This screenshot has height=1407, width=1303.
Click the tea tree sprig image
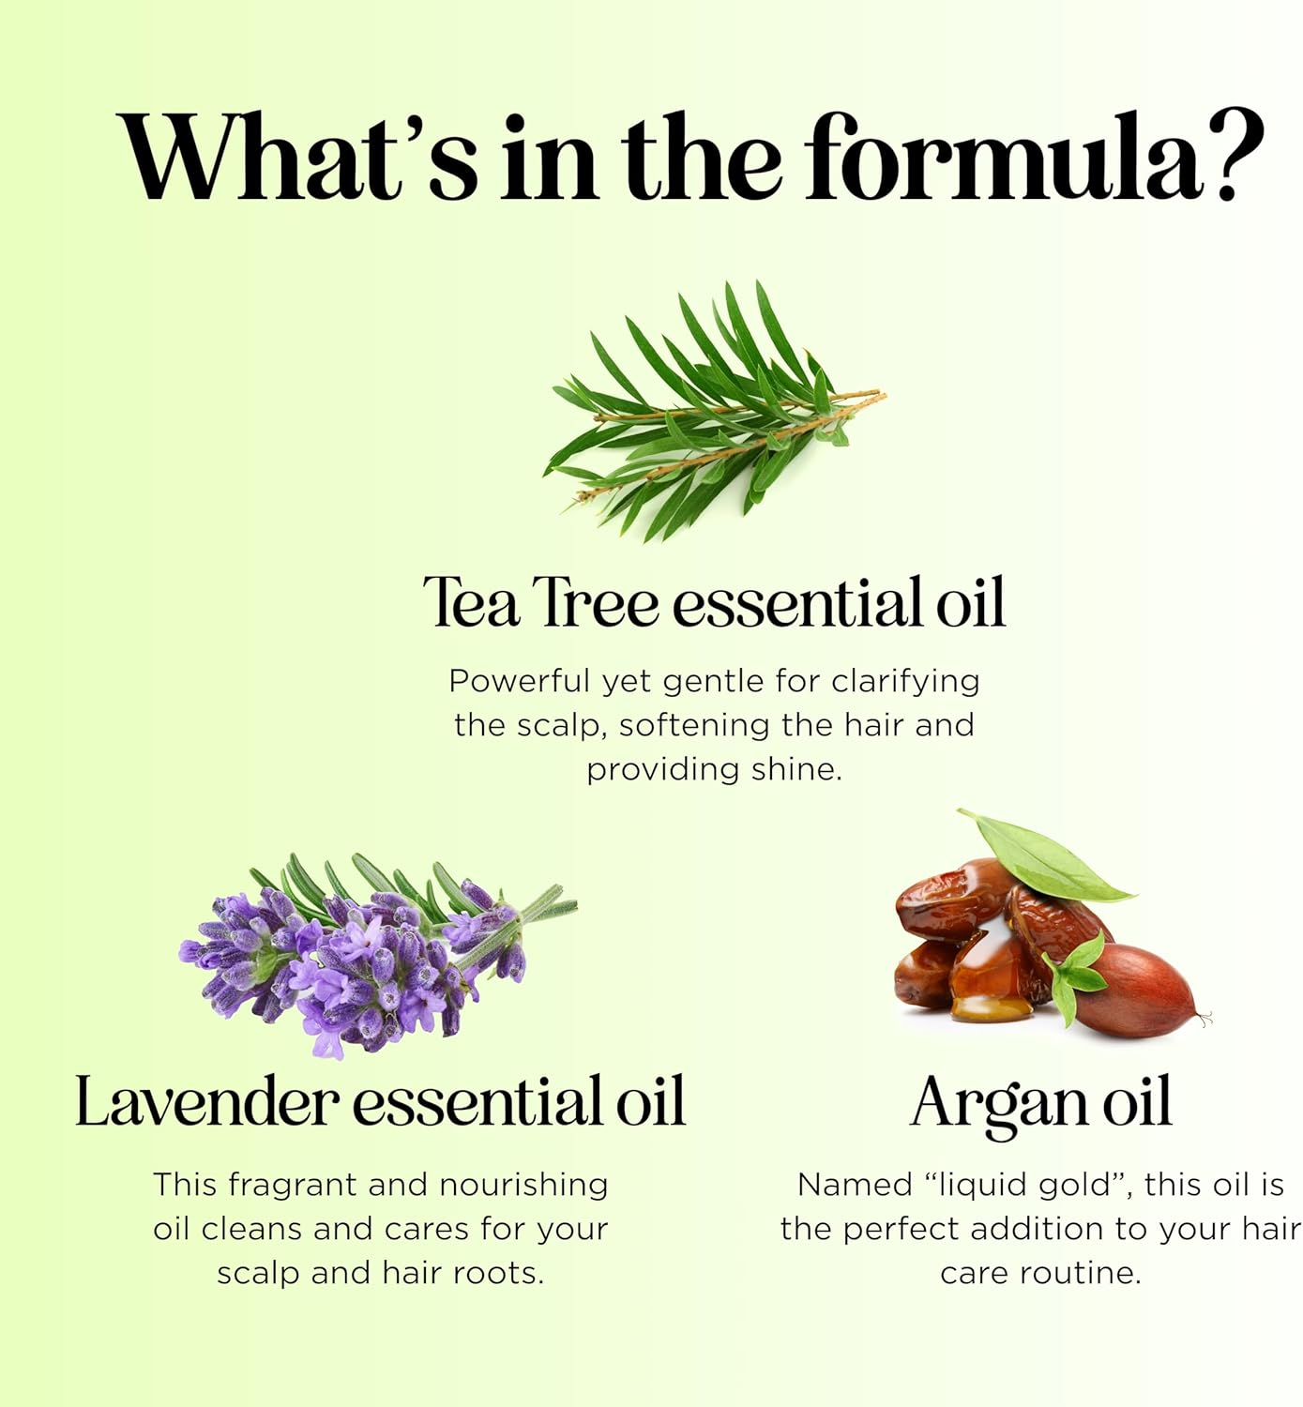pyautogui.click(x=713, y=413)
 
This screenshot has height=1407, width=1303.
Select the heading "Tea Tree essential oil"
pyautogui.click(x=714, y=602)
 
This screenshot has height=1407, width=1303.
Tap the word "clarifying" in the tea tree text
pyautogui.click(x=905, y=682)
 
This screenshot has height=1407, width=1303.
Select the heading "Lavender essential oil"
pyautogui.click(x=380, y=1101)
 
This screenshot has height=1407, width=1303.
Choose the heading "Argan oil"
pyautogui.click(x=1040, y=1103)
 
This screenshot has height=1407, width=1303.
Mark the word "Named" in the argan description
pyautogui.click(x=852, y=1185)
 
